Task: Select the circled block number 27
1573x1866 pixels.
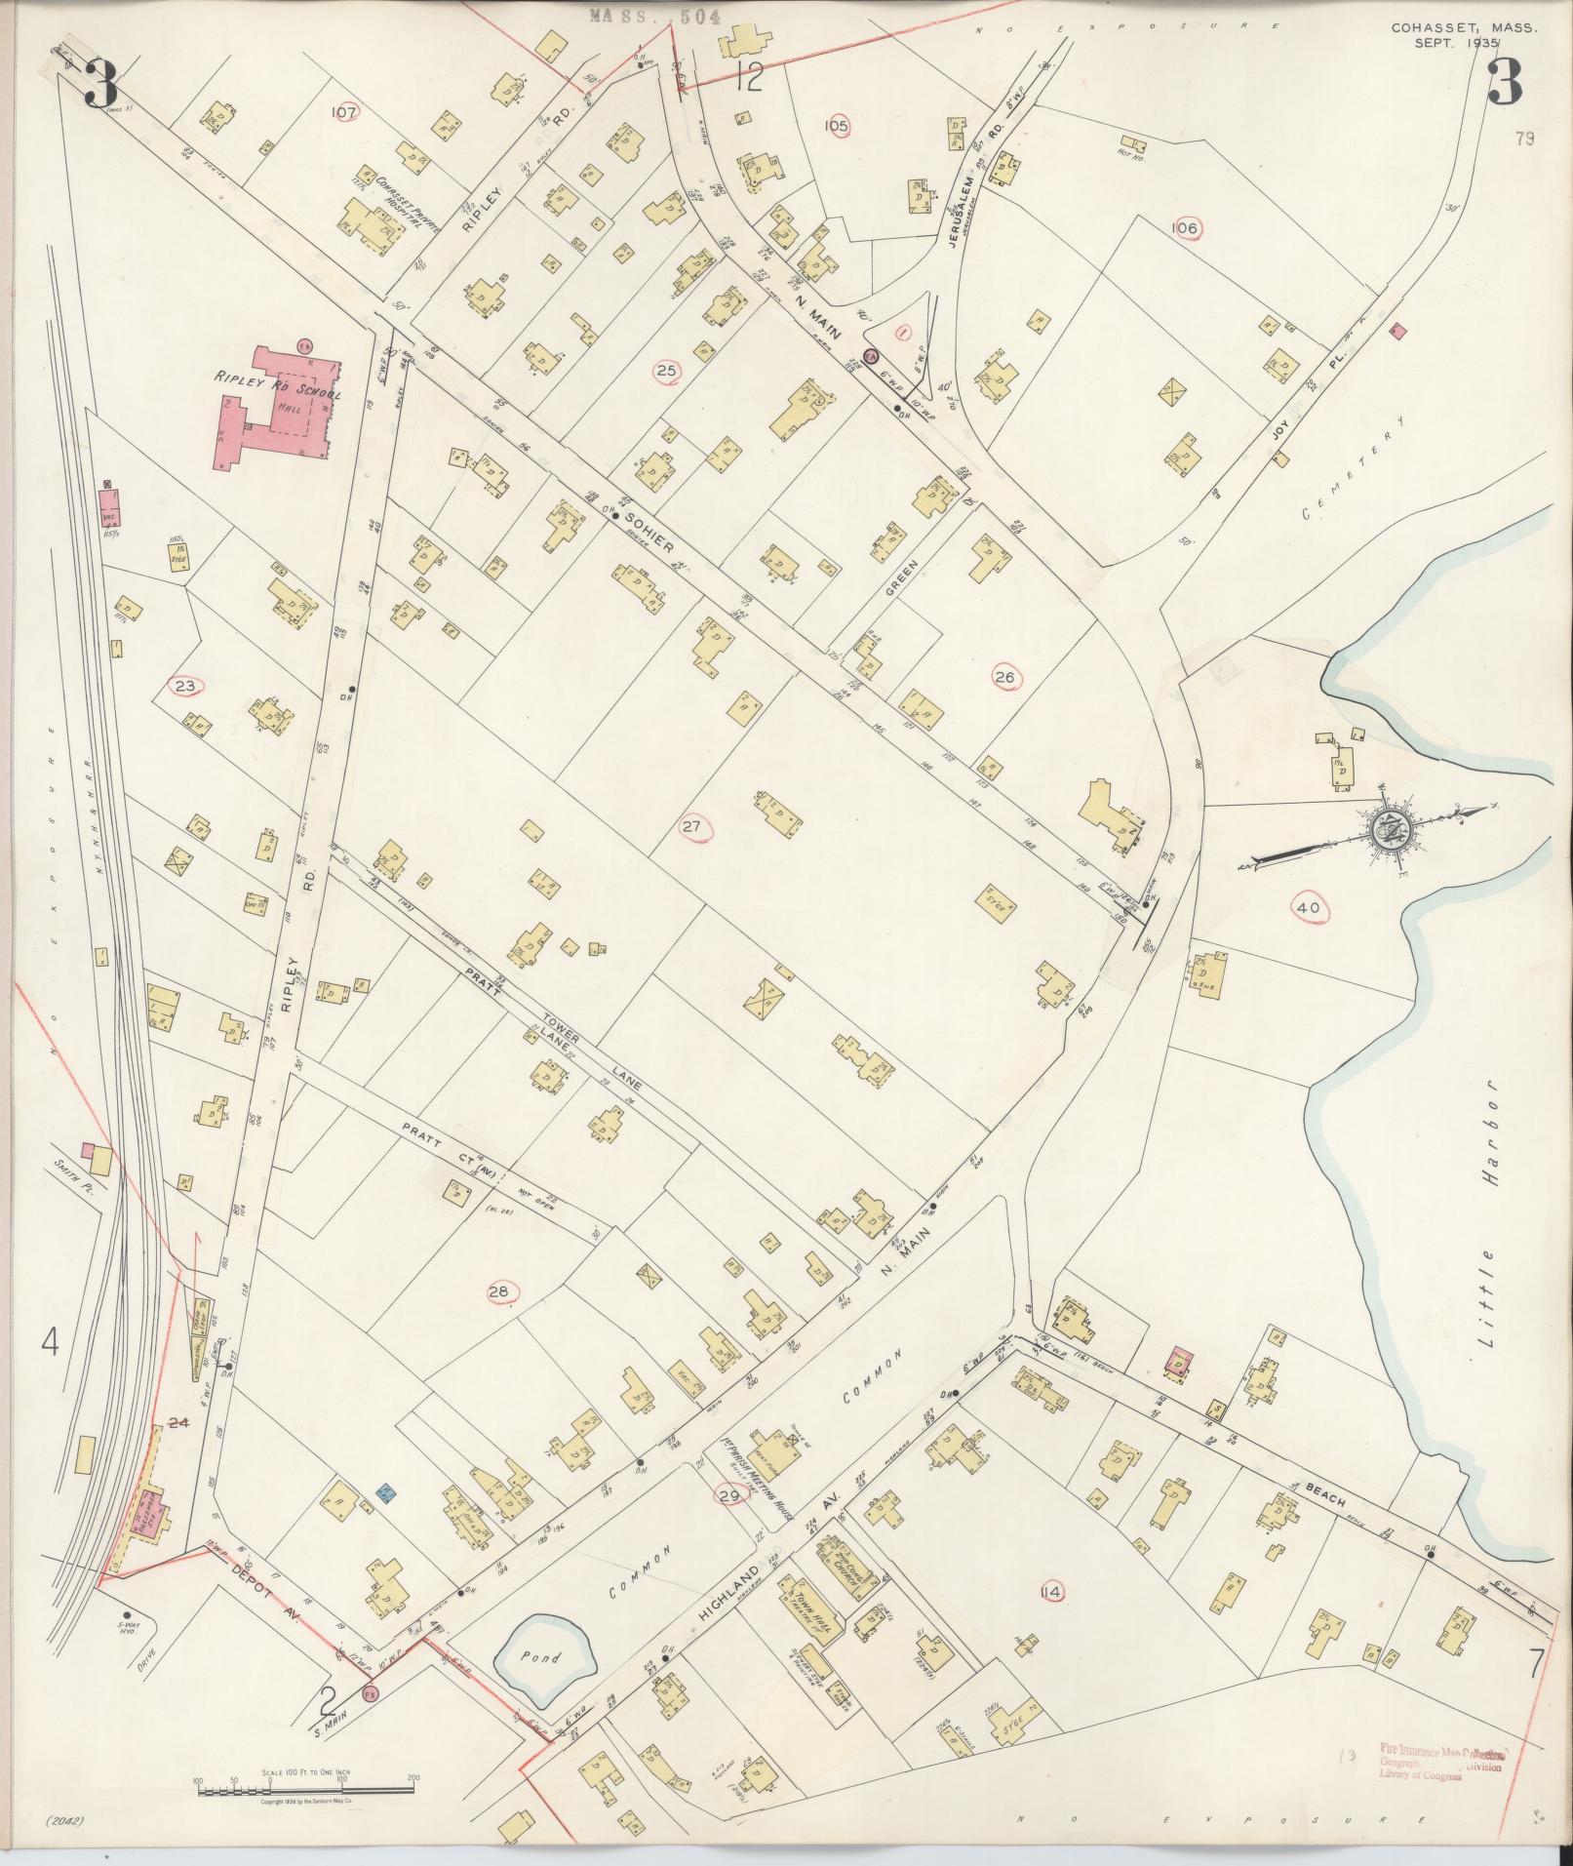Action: click(x=692, y=827)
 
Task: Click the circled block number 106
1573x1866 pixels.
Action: click(x=1185, y=227)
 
